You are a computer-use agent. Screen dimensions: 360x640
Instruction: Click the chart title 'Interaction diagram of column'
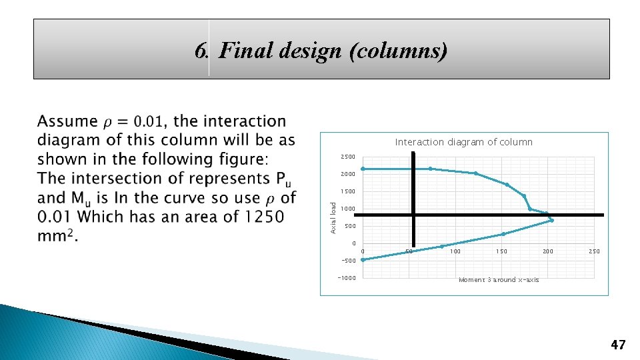pos(464,142)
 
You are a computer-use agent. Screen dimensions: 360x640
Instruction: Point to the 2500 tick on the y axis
pos(347,157)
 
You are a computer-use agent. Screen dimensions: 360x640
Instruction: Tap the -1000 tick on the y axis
pos(347,278)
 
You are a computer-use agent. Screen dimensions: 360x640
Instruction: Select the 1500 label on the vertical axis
pos(347,192)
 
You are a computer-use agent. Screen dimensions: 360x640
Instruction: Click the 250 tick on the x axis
pos(594,251)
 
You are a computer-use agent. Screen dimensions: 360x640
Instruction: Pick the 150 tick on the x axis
pos(501,251)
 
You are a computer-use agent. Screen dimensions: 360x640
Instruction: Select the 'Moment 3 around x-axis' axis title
pos(499,280)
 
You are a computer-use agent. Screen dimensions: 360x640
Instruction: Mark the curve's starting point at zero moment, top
pos(363,169)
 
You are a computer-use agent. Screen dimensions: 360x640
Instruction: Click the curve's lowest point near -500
pos(363,260)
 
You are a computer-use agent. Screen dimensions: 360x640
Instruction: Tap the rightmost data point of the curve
pos(552,221)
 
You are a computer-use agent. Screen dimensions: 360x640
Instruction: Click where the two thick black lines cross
pos(413,215)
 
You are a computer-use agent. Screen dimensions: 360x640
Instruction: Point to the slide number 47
pos(618,345)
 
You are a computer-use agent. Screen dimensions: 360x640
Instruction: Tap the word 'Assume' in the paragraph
pos(67,121)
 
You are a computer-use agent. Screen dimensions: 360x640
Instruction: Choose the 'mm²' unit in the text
pos(56,237)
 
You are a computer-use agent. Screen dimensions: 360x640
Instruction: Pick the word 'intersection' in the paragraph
pos(106,179)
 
